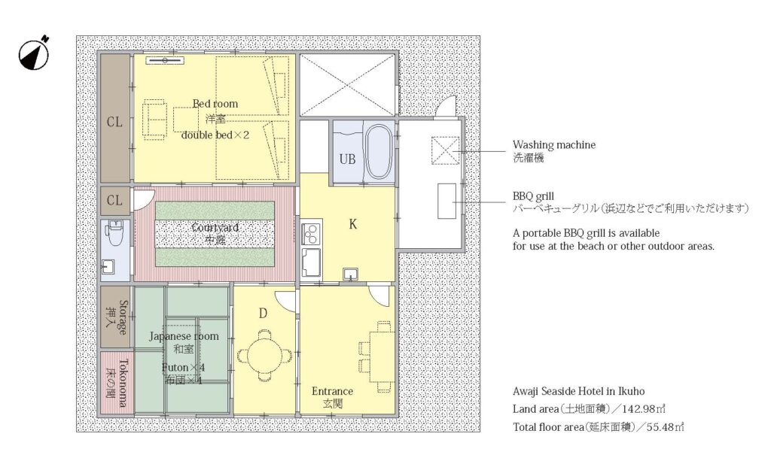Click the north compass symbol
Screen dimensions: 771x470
coord(35,53)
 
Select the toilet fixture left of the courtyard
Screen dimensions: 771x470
coord(115,233)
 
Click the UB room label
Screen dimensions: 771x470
coord(347,159)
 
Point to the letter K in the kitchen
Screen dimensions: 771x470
coord(352,224)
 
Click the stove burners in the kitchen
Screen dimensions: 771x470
coord(311,235)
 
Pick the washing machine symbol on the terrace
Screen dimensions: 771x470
coord(446,150)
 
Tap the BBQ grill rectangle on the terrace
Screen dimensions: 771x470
coord(446,201)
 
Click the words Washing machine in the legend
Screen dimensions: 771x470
coord(553,145)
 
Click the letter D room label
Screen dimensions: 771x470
coord(263,314)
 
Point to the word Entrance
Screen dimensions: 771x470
coord(332,392)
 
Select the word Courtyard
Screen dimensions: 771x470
coord(215,228)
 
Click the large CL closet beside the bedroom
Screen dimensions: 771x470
coord(115,118)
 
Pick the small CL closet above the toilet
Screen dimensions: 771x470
coord(115,200)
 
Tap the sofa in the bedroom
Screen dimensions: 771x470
coord(154,120)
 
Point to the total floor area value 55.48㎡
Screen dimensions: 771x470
coord(666,427)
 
